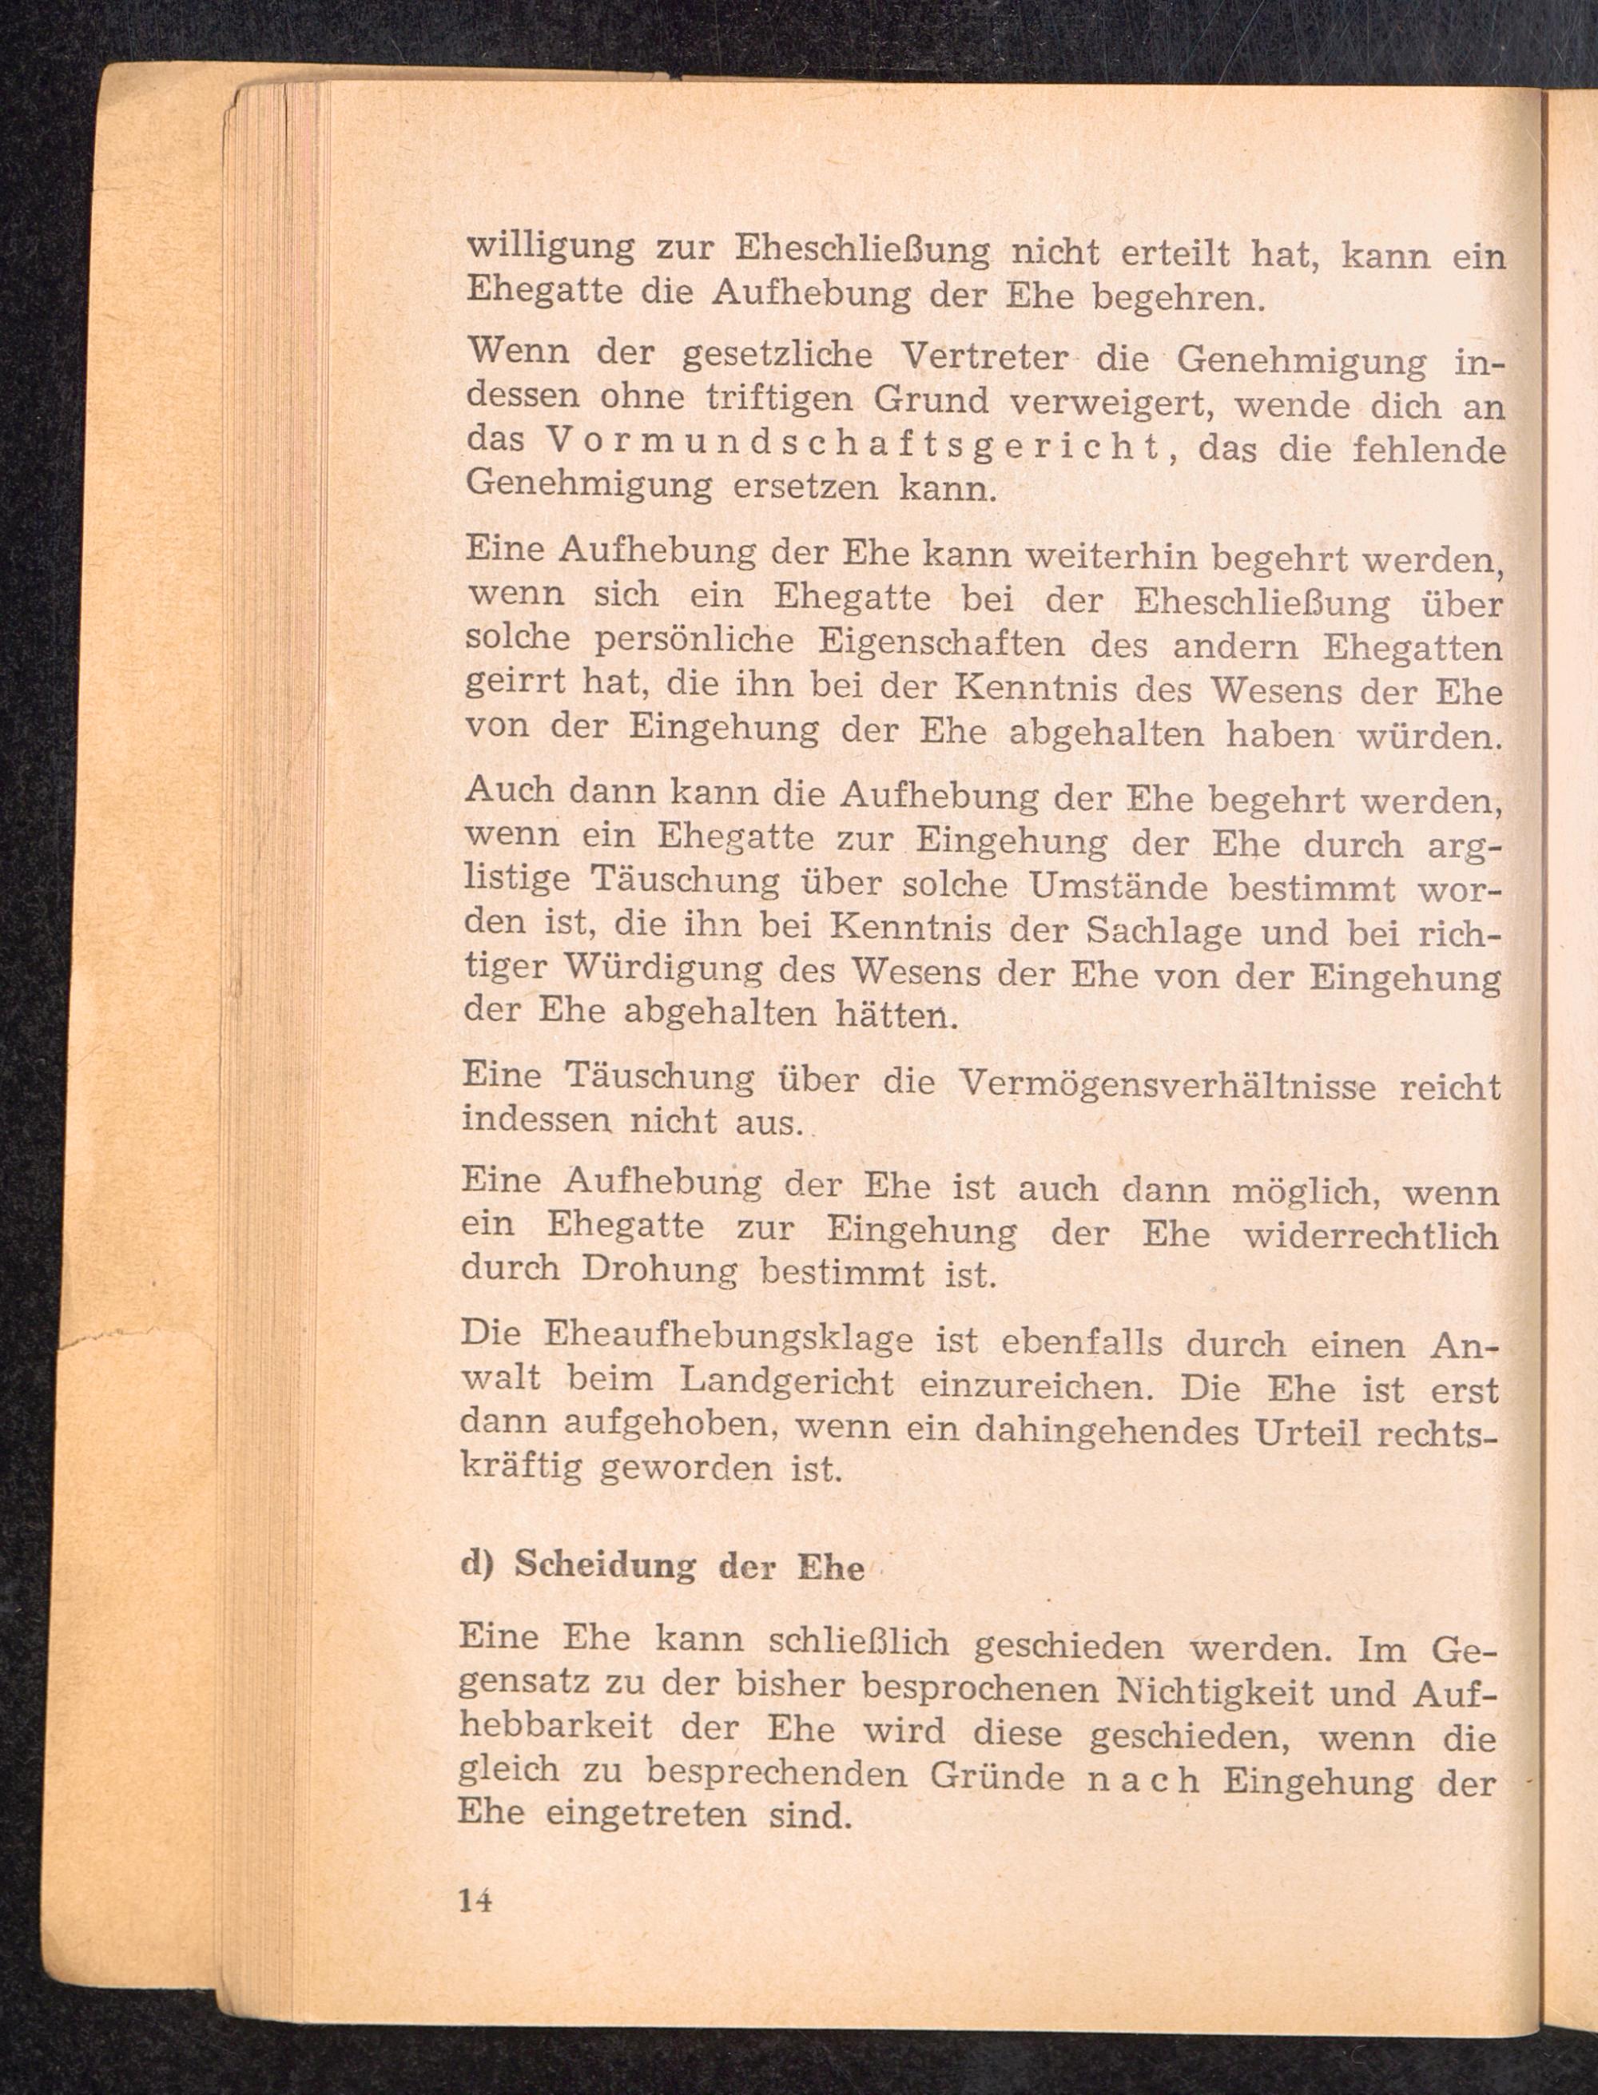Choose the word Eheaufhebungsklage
[x=728, y=1338]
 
